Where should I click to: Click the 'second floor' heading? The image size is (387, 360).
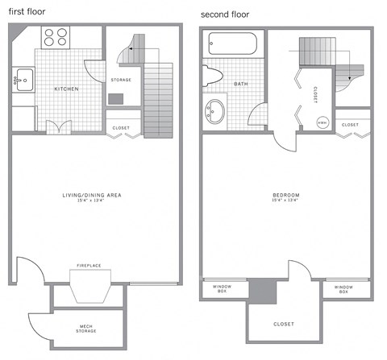pos(225,14)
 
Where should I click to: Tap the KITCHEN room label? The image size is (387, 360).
pos(66,88)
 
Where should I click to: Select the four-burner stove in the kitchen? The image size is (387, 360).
pos(55,36)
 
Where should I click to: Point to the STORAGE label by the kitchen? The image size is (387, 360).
pos(120,80)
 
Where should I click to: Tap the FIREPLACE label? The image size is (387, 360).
pos(88,265)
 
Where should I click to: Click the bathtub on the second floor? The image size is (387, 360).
pos(232,43)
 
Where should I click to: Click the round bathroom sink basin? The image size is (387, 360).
pos(216,110)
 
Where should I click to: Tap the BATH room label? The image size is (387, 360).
pos(241,84)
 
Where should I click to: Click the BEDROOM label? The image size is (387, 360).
pos(286,195)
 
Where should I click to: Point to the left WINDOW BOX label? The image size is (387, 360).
pos(222,289)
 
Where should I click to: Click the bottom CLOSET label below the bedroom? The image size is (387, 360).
pos(283,324)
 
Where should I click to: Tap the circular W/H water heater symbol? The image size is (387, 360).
pos(322,122)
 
